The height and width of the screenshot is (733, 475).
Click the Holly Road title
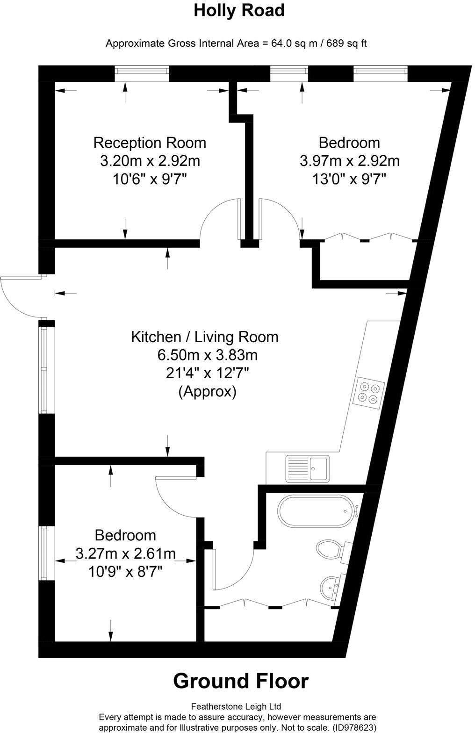(239, 11)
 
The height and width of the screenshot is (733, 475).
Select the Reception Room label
(150, 142)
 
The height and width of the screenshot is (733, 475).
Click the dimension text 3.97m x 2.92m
(349, 161)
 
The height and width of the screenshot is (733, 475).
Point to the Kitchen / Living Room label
(204, 337)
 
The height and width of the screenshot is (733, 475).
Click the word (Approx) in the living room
(207, 391)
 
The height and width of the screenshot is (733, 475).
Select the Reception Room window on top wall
(142, 71)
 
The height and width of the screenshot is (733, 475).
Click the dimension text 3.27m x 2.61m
(125, 553)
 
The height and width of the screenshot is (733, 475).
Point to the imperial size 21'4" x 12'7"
(207, 373)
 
